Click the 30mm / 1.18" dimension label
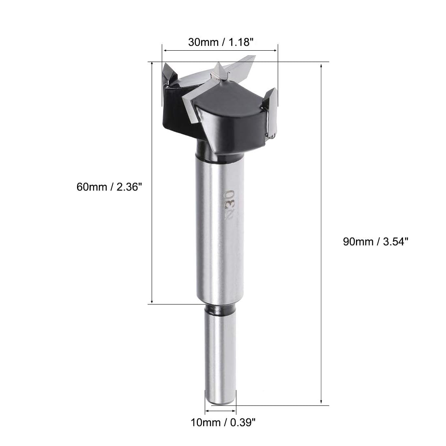[x=221, y=42]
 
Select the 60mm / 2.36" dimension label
[x=109, y=187]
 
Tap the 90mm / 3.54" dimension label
[x=375, y=242]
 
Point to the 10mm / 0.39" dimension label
[x=223, y=422]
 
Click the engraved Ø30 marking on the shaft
[x=229, y=205]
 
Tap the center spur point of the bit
[x=219, y=70]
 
